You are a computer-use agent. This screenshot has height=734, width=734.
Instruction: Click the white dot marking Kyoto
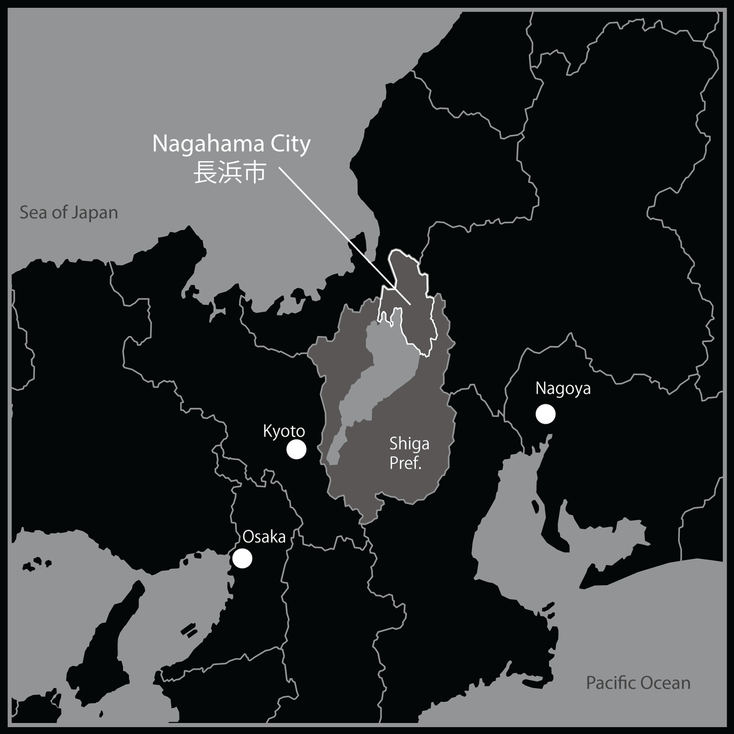pos(296,450)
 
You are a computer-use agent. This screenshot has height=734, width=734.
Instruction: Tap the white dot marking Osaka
pos(242,558)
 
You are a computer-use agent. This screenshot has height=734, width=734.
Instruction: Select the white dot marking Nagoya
pos(545,414)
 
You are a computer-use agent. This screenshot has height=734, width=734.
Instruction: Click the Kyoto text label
pos(284,431)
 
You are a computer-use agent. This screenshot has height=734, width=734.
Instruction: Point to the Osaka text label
pos(264,537)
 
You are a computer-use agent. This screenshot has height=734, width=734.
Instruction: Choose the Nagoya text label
pos(563,389)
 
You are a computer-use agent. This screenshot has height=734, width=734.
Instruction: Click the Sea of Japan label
pos(69,213)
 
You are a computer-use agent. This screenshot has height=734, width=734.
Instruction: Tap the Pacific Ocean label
pos(638,683)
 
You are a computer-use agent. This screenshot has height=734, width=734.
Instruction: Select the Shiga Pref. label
pos(409,453)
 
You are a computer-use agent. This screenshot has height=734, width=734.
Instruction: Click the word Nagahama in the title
pos(208,144)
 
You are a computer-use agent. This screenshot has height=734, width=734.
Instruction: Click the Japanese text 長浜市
pos(230,173)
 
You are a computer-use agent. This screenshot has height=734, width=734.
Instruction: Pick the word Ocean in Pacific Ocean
pos(666,683)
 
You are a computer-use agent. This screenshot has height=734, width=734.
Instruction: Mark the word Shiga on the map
pos(409,444)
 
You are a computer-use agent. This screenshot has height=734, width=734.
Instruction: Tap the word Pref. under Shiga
pos(406,463)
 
